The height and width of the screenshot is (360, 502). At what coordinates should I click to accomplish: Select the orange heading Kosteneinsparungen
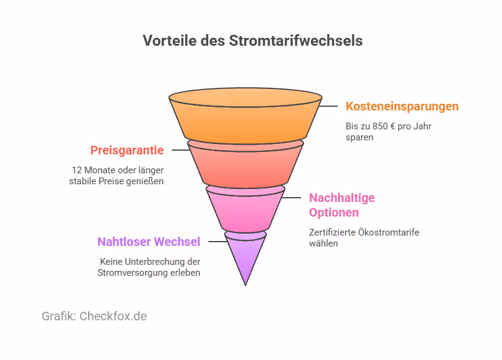[402, 106]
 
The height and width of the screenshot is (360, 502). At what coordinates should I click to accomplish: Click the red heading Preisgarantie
[127, 150]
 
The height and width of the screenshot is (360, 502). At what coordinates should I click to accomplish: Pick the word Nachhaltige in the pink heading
[341, 198]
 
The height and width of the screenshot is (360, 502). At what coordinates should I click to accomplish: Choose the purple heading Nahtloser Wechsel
[148, 242]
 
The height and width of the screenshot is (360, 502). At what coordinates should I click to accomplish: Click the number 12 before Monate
[77, 170]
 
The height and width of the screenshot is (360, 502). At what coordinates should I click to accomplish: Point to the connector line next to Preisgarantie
[180, 150]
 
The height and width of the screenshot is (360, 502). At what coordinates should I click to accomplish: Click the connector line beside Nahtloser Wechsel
[217, 242]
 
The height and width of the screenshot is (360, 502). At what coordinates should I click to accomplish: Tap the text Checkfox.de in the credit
[113, 316]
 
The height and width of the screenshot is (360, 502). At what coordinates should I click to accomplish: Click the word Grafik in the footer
[59, 316]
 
